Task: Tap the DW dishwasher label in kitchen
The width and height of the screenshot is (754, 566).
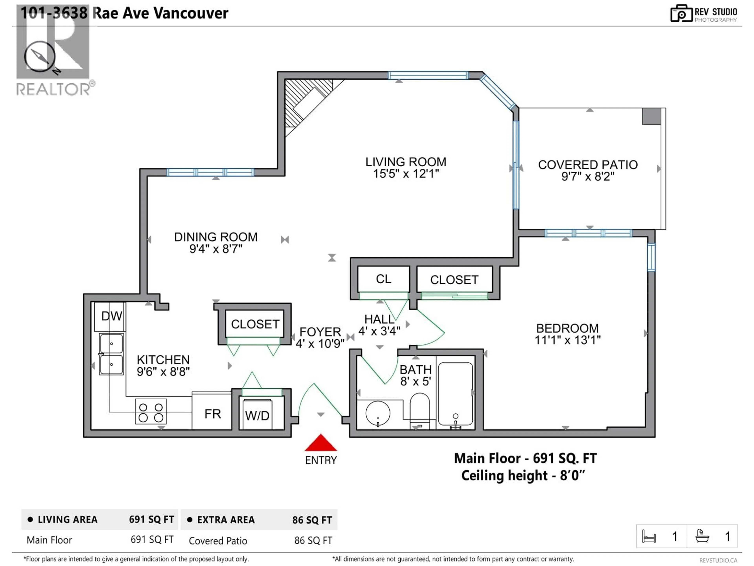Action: [112, 316]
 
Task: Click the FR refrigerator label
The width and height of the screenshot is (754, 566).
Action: [212, 414]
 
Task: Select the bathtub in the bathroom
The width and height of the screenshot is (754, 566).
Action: [455, 394]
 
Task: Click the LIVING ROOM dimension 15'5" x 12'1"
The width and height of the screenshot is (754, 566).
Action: [406, 174]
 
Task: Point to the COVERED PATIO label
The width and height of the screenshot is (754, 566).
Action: [588, 165]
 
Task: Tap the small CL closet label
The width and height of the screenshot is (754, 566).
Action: [383, 279]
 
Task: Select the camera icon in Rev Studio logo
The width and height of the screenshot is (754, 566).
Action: [681, 14]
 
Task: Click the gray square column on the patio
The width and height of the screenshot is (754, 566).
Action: [651, 116]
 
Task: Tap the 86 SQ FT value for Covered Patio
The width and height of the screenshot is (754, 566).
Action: [313, 540]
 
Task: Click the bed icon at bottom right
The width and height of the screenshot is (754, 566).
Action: [649, 537]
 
